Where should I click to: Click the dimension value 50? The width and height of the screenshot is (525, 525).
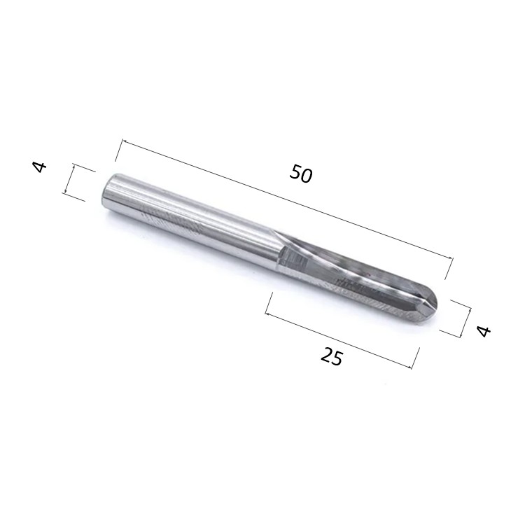(x=301, y=174)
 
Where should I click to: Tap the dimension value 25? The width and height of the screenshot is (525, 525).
(x=332, y=356)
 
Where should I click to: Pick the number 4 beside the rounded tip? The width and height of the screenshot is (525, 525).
(x=484, y=331)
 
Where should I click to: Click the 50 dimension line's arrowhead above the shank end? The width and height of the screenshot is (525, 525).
(x=123, y=141)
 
